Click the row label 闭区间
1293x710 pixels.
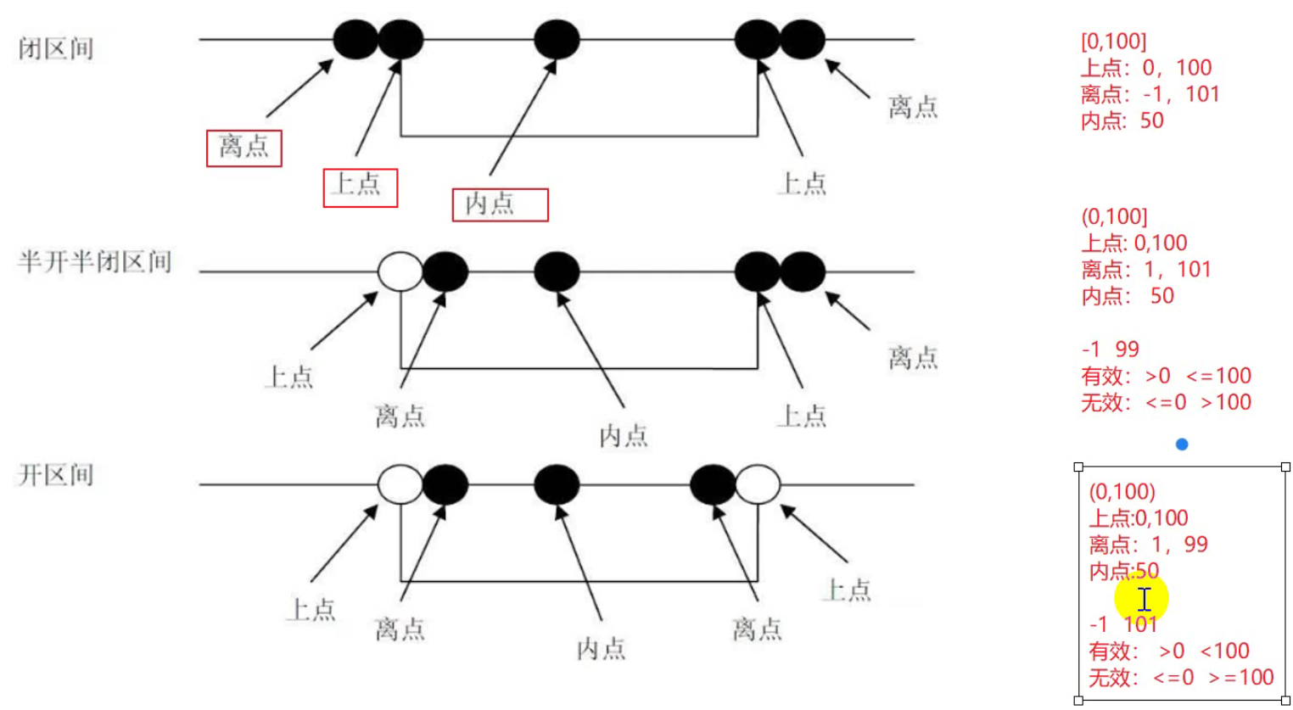(x=56, y=48)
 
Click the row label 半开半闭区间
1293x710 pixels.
(x=95, y=261)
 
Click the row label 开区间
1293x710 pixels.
(x=56, y=474)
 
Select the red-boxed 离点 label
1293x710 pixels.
(x=243, y=148)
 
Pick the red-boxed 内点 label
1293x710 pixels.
(x=500, y=204)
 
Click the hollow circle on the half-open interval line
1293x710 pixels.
(x=400, y=271)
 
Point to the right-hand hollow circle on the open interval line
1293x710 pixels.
(x=757, y=484)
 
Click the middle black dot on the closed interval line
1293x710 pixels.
(x=557, y=39)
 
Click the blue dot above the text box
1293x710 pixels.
(x=1182, y=444)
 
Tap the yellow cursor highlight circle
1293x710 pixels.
(x=1142, y=598)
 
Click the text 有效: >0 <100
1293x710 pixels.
(x=1169, y=651)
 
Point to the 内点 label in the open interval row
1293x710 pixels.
(x=601, y=649)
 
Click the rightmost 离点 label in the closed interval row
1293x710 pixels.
(x=913, y=107)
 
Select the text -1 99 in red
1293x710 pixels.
(x=1111, y=349)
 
